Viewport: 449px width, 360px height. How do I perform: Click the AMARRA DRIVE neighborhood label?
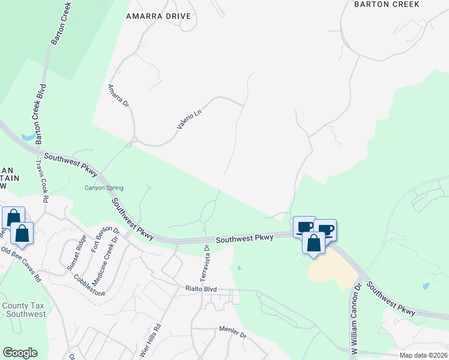click(x=158, y=16)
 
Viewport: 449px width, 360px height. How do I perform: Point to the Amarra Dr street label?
click(x=118, y=95)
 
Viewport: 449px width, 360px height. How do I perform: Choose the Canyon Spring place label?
click(x=103, y=188)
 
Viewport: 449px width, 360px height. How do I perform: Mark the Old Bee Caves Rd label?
click(x=20, y=265)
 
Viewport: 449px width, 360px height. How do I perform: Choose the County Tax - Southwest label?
click(x=24, y=310)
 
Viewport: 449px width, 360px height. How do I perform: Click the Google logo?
click(x=20, y=353)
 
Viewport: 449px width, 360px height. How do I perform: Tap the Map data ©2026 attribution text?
click(x=423, y=355)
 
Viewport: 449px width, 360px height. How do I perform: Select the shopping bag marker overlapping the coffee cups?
click(x=313, y=244)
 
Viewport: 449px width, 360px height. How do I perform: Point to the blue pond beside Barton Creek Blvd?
click(x=28, y=137)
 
